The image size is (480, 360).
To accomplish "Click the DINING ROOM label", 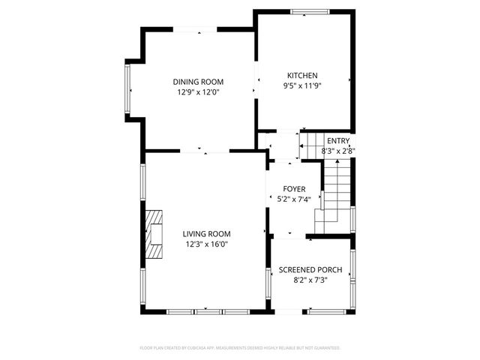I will click(198, 82).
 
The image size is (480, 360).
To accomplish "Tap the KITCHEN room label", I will click(303, 76).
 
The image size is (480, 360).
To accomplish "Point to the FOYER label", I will click(293, 189).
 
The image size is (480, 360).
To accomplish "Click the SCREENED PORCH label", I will click(310, 270).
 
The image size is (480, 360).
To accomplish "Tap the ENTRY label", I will click(338, 141).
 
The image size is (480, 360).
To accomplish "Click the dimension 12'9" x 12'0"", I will click(198, 93).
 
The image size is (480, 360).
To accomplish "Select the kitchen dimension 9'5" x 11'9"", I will click(303, 86).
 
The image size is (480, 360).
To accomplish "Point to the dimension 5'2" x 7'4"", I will click(293, 199).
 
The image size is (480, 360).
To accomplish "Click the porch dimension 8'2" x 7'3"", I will click(310, 280).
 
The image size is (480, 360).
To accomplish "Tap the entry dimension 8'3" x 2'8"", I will click(338, 151).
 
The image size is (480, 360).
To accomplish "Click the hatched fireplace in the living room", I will click(154, 234).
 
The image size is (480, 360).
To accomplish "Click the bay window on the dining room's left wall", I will click(128, 90).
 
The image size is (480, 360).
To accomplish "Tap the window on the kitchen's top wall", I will click(309, 11).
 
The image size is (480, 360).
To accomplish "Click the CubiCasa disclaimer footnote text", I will click(240, 348).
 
